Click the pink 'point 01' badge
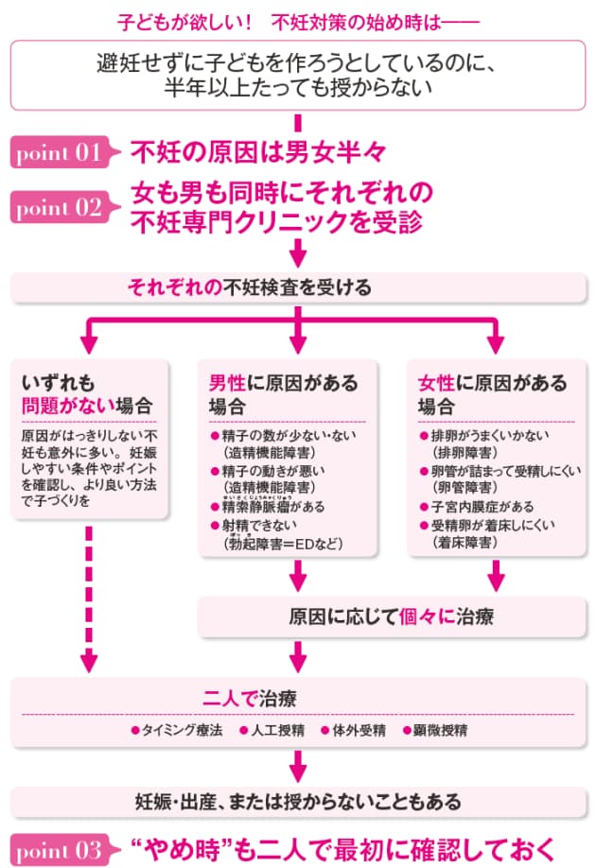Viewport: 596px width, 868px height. pos(59,151)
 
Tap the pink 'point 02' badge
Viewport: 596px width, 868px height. pos(59,207)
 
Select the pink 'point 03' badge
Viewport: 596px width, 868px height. pos(59,846)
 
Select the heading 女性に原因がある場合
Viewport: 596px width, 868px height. pos(491,394)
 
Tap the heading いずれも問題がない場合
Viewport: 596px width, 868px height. pos(85,394)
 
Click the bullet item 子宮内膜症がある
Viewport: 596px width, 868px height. pos(477,507)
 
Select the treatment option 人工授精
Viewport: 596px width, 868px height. pos(272,731)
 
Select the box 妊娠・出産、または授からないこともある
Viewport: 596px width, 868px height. pos(297,802)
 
